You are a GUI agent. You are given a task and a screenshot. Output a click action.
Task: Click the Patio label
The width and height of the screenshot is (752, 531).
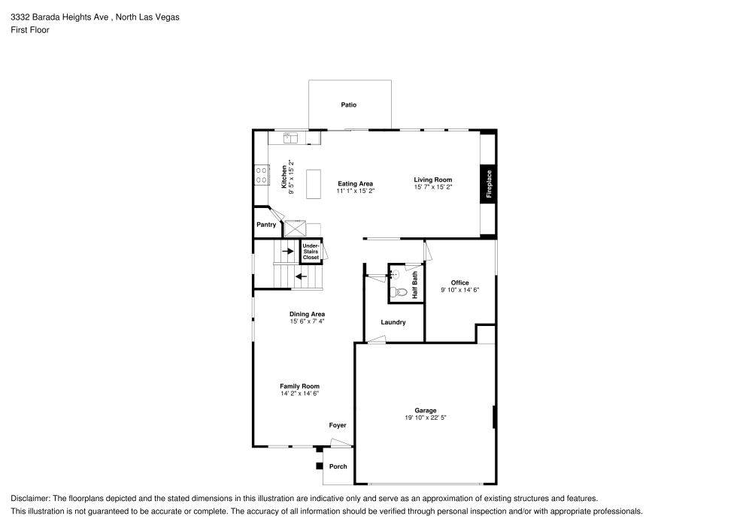348,105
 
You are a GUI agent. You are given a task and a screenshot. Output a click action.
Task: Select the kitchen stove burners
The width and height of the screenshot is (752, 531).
262,176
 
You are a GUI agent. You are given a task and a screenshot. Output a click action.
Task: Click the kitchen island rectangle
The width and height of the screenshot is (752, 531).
314,184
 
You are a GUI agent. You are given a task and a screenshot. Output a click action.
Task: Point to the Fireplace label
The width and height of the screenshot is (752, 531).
488,184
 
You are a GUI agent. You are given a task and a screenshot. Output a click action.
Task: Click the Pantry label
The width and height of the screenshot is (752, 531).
266,224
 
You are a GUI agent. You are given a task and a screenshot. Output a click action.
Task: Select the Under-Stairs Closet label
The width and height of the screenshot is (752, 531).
311,252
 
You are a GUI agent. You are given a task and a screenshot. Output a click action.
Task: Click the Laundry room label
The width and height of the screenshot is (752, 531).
393,322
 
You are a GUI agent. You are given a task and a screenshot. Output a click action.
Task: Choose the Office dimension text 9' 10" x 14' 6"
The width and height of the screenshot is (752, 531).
459,290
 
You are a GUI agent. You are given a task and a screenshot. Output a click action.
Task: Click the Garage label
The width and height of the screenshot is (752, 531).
426,410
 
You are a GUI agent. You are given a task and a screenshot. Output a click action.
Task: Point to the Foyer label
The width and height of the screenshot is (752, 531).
338,426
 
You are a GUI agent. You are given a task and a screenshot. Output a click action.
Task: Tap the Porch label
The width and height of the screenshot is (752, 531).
338,466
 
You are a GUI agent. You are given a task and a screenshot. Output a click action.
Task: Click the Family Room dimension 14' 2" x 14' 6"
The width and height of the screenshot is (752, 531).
300,393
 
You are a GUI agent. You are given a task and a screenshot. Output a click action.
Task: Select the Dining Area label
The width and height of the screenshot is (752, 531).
307,314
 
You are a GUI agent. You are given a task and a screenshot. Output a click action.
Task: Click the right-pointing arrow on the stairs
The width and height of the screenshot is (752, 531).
287,251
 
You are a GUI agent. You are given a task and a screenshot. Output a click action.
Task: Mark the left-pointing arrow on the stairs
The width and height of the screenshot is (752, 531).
301,276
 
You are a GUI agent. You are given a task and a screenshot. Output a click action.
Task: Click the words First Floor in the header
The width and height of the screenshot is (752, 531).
30,30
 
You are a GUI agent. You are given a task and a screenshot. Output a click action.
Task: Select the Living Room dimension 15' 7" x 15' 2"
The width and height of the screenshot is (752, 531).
433,187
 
